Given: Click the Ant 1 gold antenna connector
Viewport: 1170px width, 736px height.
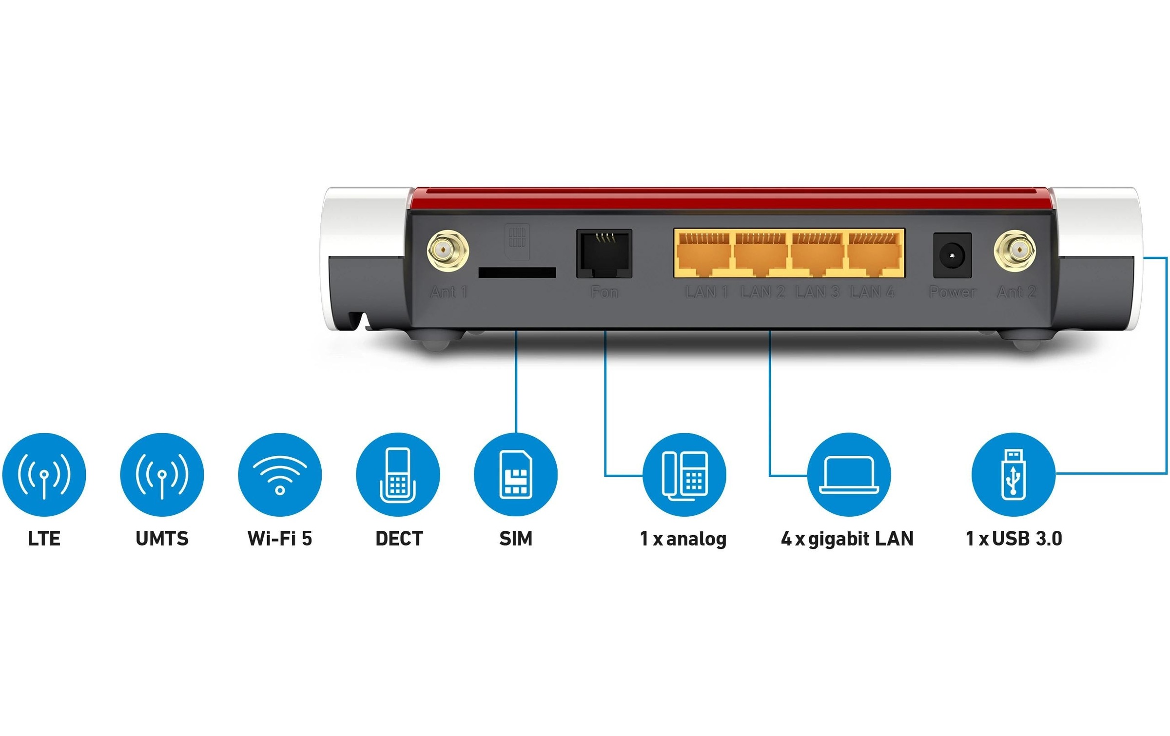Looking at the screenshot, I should pyautogui.click(x=448, y=252).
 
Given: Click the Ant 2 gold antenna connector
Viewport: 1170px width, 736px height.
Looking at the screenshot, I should pyautogui.click(x=1015, y=252).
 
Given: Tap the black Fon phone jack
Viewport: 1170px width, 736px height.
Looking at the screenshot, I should pyautogui.click(x=604, y=253).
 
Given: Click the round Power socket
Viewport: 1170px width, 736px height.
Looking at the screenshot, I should pyautogui.click(x=952, y=255).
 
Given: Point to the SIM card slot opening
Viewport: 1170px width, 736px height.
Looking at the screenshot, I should pyautogui.click(x=517, y=272).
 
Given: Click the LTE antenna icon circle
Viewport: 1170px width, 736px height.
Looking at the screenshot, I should pyautogui.click(x=44, y=474).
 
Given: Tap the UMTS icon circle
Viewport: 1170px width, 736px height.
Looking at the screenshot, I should pyautogui.click(x=162, y=474).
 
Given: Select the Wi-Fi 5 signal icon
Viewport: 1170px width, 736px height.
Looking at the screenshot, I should pyautogui.click(x=280, y=474).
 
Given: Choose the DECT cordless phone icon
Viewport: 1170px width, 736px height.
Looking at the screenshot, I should pyautogui.click(x=398, y=474).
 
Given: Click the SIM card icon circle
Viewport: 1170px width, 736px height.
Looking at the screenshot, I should pyautogui.click(x=516, y=474).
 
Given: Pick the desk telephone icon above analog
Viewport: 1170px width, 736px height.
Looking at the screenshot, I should pyautogui.click(x=684, y=474).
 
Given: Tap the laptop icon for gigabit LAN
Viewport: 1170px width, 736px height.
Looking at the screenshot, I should pyautogui.click(x=849, y=474).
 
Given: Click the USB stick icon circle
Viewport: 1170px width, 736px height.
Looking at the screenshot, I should pyautogui.click(x=1013, y=474).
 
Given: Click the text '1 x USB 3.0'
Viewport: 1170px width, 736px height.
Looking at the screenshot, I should pyautogui.click(x=1014, y=539).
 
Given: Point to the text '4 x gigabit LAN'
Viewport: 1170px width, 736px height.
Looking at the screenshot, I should pyautogui.click(x=847, y=539).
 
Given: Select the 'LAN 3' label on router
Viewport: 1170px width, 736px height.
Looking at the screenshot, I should pyautogui.click(x=818, y=292).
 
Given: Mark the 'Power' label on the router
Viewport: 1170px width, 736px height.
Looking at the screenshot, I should pyautogui.click(x=952, y=292).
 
